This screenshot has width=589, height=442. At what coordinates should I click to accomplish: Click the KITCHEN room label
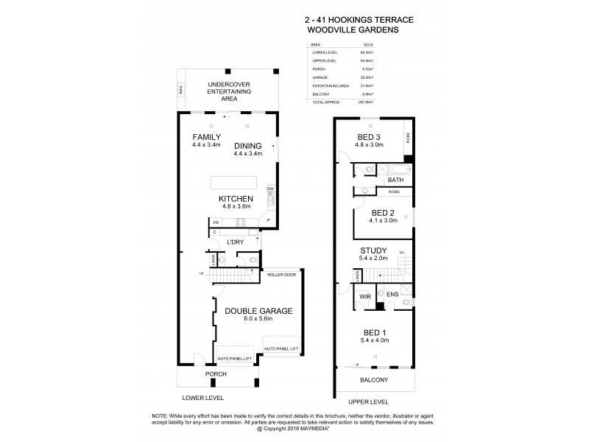236,199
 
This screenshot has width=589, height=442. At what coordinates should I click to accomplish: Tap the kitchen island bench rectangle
234,182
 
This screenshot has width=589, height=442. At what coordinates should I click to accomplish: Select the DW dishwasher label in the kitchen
270,189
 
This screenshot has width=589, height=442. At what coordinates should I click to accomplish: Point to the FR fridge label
216,222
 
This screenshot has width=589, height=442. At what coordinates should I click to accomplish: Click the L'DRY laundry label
236,242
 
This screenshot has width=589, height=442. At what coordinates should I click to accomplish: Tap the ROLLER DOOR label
282,274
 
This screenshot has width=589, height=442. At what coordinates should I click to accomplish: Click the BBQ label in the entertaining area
180,91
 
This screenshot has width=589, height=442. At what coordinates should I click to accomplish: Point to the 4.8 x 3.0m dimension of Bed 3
372,147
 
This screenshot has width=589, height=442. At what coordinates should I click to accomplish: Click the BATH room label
396,180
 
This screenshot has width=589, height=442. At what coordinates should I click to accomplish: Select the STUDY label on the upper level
373,250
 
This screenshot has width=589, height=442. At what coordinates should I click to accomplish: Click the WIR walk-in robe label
364,296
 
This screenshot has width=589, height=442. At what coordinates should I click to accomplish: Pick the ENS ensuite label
392,296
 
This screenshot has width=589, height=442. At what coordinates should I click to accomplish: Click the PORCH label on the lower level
216,374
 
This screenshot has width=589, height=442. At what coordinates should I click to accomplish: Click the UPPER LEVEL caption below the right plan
368,403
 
